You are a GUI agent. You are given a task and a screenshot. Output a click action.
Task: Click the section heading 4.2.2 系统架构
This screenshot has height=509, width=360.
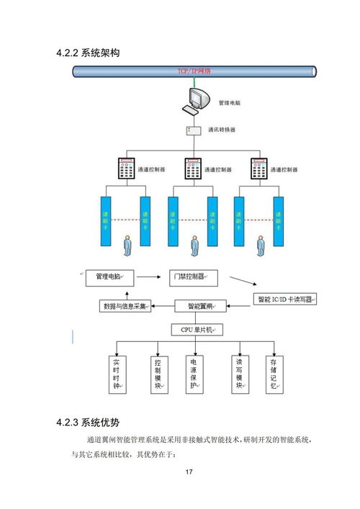point(87,53)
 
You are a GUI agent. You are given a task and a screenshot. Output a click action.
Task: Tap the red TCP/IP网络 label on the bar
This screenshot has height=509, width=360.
point(194,71)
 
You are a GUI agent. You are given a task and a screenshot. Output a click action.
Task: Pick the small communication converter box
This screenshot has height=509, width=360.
point(192,130)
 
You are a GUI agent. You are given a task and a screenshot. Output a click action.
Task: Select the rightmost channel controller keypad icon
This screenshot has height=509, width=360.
point(260,168)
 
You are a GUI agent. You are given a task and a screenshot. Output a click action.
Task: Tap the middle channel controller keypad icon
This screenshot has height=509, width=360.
point(193,168)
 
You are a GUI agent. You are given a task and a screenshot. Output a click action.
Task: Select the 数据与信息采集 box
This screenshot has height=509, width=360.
point(125,306)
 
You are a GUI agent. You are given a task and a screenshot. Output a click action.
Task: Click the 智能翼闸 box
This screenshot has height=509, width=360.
point(199,306)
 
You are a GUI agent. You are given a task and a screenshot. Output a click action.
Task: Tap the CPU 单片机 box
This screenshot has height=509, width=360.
point(197,330)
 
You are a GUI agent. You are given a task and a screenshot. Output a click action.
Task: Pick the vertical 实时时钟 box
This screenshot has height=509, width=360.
point(116,374)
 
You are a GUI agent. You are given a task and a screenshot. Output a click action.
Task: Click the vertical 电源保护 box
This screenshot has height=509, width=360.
point(194,374)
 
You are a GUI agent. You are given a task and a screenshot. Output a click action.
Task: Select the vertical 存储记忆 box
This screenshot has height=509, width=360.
point(273,374)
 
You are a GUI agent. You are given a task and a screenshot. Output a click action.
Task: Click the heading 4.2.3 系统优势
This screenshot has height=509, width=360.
point(87,422)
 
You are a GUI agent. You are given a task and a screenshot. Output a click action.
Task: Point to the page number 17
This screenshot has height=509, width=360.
point(189,472)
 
